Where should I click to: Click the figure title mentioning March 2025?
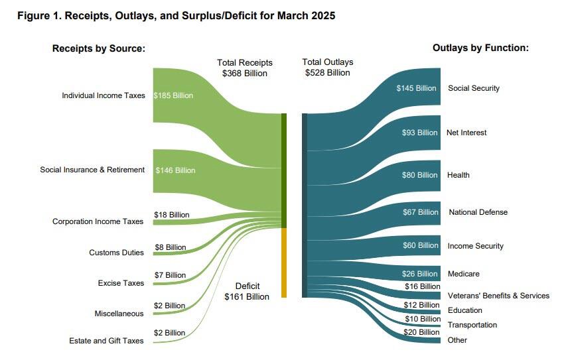click(x=176, y=15)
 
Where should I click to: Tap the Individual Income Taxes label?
click(x=103, y=95)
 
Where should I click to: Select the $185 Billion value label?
click(x=173, y=95)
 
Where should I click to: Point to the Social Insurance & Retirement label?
click(x=92, y=170)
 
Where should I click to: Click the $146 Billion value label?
click(x=175, y=170)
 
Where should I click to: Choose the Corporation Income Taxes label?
click(x=98, y=221)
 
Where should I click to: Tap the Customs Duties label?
click(x=116, y=253)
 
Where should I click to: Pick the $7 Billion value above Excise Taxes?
click(x=170, y=275)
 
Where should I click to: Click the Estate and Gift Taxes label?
click(x=106, y=341)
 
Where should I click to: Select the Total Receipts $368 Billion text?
click(x=245, y=68)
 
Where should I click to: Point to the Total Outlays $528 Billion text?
click(x=327, y=68)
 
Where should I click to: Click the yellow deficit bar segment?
click(x=284, y=263)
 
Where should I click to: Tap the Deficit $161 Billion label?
click(x=247, y=291)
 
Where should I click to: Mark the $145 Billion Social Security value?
click(x=417, y=88)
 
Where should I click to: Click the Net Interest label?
click(x=466, y=133)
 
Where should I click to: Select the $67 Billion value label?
click(x=420, y=212)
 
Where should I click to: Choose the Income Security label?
click(x=475, y=246)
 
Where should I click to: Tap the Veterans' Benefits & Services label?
click(x=498, y=296)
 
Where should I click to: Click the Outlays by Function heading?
click(x=480, y=48)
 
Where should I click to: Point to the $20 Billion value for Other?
click(x=421, y=332)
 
